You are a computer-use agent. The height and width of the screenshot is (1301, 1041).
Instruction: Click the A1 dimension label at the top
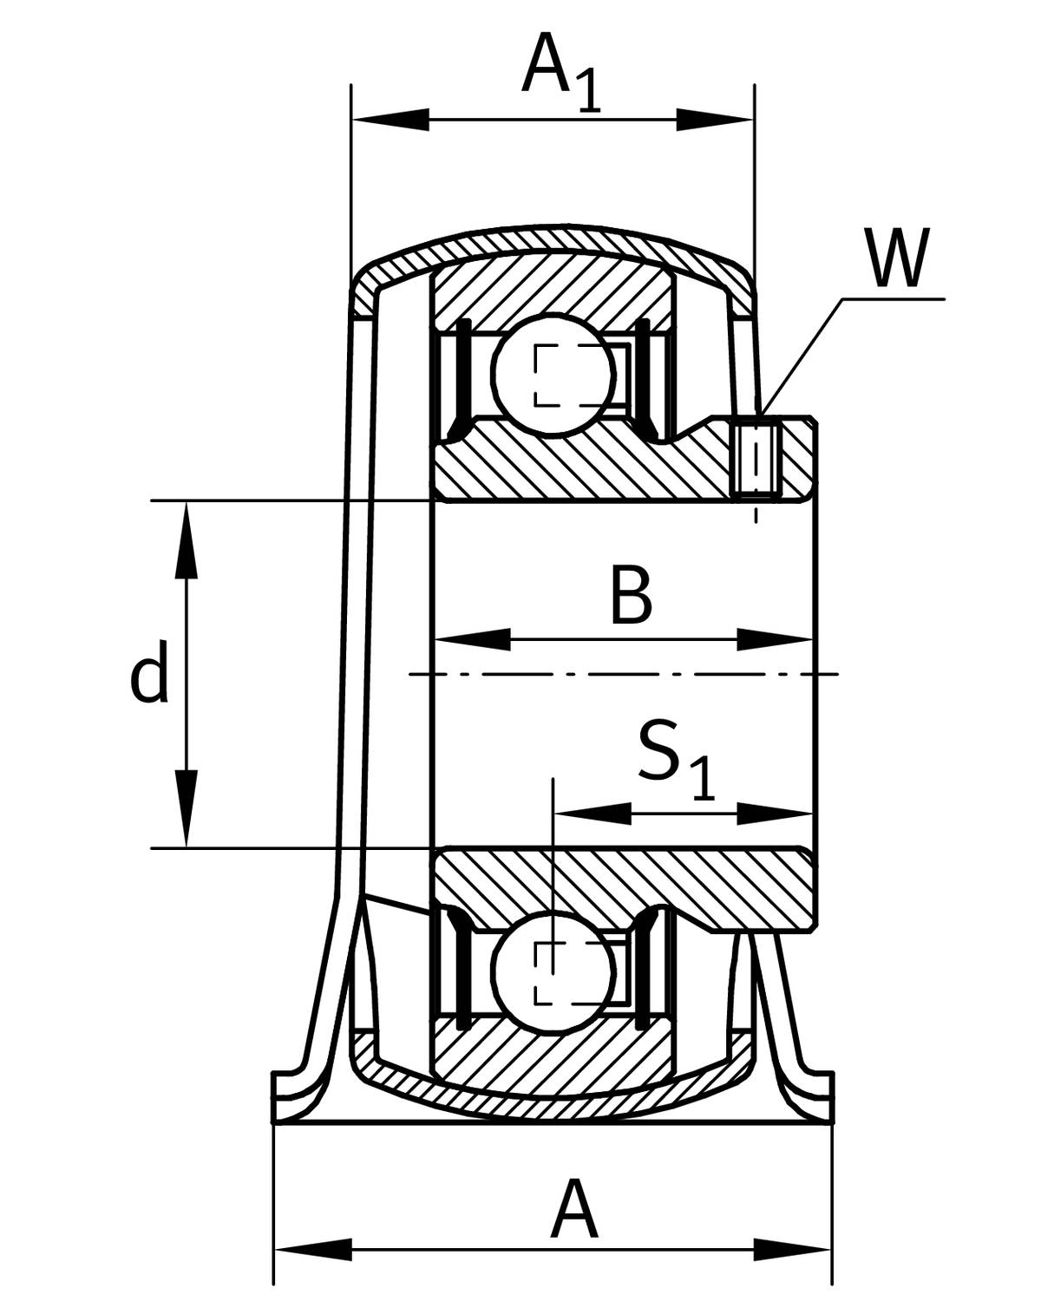[561, 74]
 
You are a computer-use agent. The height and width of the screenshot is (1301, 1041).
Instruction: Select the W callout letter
[896, 258]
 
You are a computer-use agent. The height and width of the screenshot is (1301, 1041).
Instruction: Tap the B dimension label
[632, 594]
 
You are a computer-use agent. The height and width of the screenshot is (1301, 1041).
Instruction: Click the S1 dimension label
[677, 760]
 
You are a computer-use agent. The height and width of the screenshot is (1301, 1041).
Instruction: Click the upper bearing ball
[553, 374]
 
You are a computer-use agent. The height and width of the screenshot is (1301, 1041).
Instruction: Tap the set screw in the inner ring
[756, 461]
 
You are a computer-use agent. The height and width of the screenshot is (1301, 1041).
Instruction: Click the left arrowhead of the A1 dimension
[390, 120]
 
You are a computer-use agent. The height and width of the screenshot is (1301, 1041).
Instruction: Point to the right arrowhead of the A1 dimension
[715, 120]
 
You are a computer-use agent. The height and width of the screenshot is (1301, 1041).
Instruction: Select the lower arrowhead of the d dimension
[187, 809]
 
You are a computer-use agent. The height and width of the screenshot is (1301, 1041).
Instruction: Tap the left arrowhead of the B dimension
[473, 639]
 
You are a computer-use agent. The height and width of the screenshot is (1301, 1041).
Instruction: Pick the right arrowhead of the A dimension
[792, 1249]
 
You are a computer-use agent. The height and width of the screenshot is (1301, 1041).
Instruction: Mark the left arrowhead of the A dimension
[312, 1249]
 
